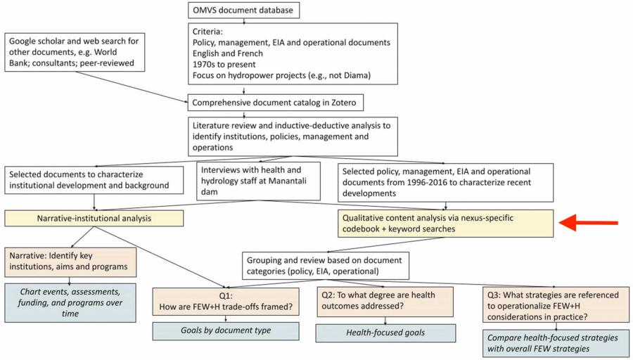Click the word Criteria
[209, 32]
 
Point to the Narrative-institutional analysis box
[94, 219]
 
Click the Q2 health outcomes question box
[385, 300]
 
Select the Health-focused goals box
[385, 333]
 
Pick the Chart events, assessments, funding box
[72, 302]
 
